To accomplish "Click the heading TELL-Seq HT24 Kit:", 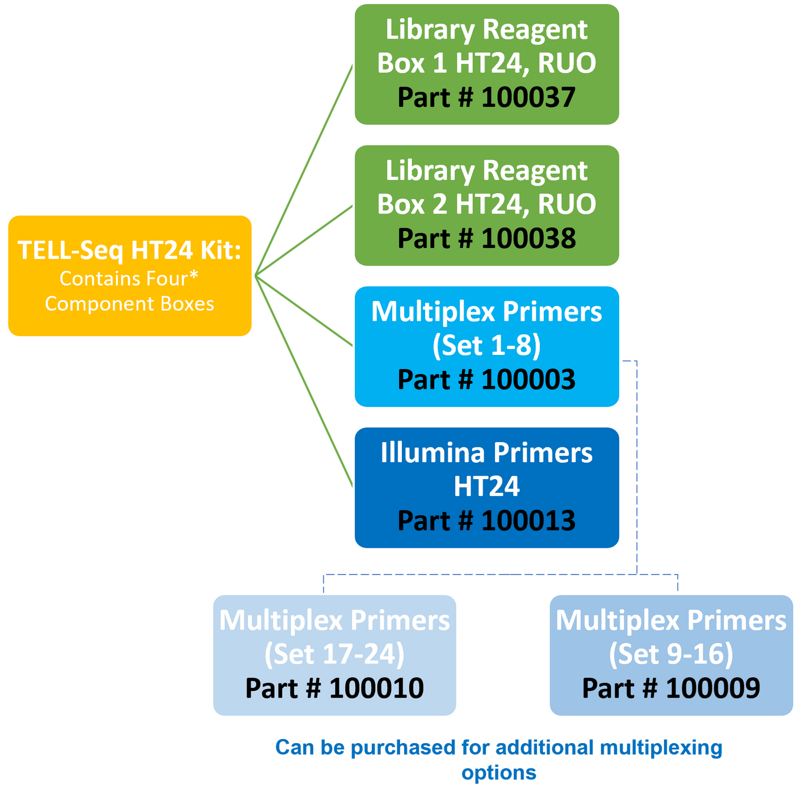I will [x=129, y=250].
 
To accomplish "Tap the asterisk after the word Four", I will [x=194, y=276].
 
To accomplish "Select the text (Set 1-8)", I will [x=486, y=346].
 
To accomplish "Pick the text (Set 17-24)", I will [x=334, y=654].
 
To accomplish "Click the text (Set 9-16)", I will [x=671, y=654].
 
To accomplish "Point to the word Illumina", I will [x=433, y=453].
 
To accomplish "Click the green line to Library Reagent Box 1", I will [x=307, y=165].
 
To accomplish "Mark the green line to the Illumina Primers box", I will [x=307, y=386].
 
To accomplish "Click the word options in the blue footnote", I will [x=498, y=773].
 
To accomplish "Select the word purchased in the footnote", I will [x=402, y=748].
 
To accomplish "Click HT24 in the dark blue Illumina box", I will [x=486, y=486].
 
